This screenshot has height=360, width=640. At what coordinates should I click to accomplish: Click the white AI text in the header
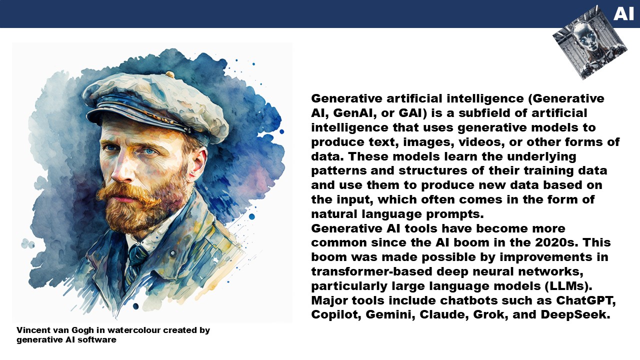click(x=623, y=13)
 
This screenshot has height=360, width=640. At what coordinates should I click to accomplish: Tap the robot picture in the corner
click(x=589, y=42)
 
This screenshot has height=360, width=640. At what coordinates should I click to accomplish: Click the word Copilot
click(x=336, y=315)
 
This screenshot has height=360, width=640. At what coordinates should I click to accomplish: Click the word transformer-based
click(x=371, y=271)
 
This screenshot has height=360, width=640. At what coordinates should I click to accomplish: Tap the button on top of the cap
click(x=170, y=74)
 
